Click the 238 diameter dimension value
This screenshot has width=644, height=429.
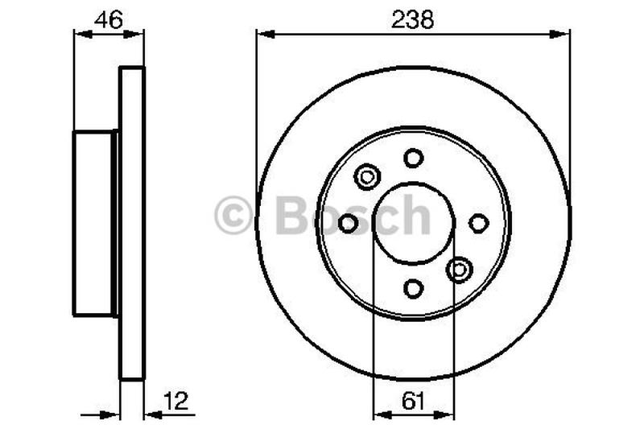click(413, 19)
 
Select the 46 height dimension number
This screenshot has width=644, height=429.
click(108, 19)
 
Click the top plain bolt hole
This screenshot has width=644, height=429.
click(413, 158)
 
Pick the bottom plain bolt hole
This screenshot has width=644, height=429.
click(413, 288)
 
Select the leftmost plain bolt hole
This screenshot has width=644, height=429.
click(348, 223)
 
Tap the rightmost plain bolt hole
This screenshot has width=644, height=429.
click(478, 223)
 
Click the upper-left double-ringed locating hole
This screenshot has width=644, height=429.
click(367, 176)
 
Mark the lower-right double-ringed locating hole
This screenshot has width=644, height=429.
click(460, 270)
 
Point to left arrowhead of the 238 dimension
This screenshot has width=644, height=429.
click(262, 34)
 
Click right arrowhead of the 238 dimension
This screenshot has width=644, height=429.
click(563, 34)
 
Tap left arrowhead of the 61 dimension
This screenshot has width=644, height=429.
click(379, 415)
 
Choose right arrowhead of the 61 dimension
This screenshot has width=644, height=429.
click(447, 415)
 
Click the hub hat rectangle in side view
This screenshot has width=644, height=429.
click(94, 223)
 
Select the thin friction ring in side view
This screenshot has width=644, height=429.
click(132, 223)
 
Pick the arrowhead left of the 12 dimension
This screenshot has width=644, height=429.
click(114, 415)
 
